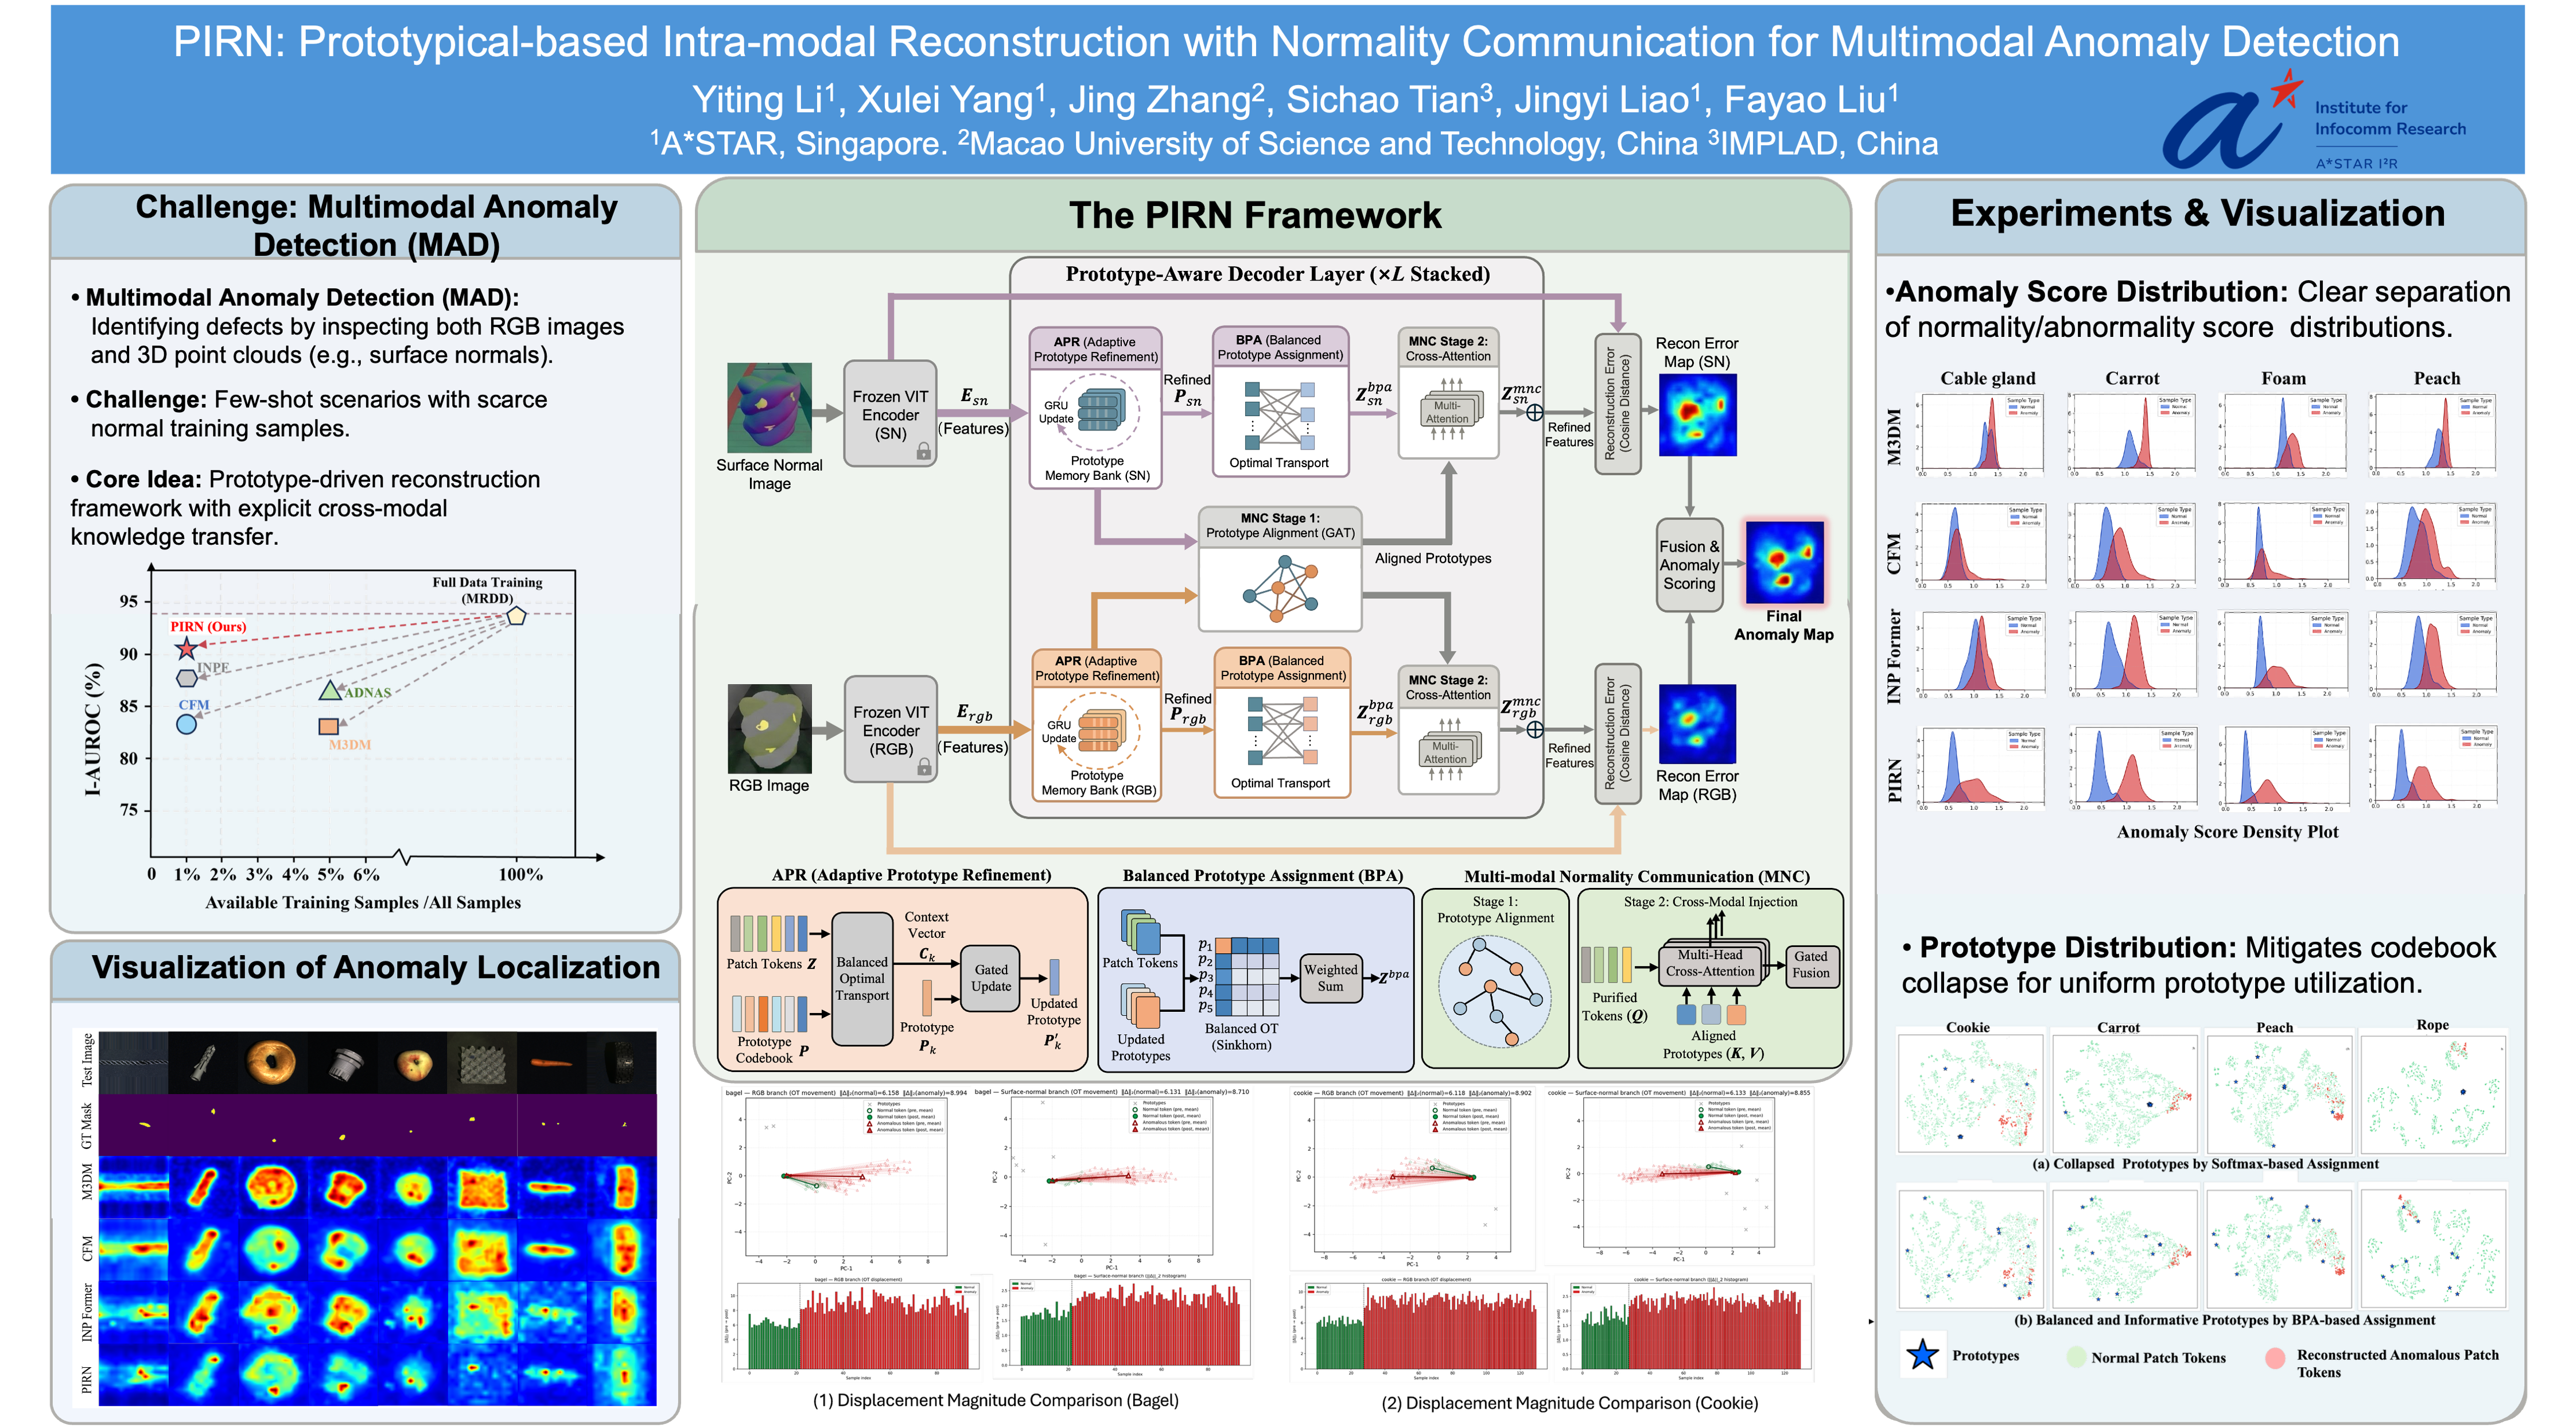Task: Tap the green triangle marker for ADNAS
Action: pyautogui.click(x=330, y=690)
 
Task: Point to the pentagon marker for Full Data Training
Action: pyautogui.click(x=516, y=615)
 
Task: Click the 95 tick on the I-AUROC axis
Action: pyautogui.click(x=129, y=602)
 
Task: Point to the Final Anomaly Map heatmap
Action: pyautogui.click(x=1784, y=562)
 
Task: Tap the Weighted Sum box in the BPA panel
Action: pyautogui.click(x=1330, y=977)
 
